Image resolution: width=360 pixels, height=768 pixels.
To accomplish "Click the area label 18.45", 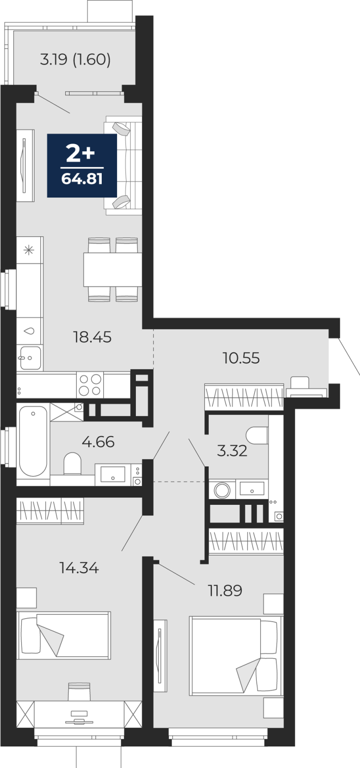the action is click(x=92, y=337).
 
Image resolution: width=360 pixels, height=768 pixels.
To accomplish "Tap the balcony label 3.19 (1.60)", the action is click(x=75, y=60).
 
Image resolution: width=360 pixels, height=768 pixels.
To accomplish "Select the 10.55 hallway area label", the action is click(x=241, y=358).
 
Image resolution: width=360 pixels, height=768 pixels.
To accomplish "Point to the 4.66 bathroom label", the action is click(x=98, y=442).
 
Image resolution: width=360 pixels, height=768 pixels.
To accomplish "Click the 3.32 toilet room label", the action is click(x=232, y=451).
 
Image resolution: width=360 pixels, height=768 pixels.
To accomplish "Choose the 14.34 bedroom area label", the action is click(x=79, y=568).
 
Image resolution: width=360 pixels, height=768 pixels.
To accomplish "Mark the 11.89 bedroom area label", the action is click(x=225, y=590).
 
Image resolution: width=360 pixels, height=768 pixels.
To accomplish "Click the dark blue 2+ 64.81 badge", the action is click(x=82, y=166).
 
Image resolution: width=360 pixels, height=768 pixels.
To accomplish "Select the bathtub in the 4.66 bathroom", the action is click(x=33, y=441).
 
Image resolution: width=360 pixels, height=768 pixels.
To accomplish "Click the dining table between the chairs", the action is click(x=113, y=269).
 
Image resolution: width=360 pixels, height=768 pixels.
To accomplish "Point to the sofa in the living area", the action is click(x=123, y=165).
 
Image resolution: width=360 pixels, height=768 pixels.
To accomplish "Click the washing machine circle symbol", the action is click(x=222, y=490).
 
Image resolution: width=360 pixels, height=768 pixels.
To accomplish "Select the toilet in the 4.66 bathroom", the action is click(x=72, y=464).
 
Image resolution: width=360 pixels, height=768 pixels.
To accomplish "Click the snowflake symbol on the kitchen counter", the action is click(x=29, y=250).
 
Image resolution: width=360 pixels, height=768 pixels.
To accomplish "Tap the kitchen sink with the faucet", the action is click(x=30, y=358).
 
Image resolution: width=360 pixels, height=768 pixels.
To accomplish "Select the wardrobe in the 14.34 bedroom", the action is click(x=50, y=511).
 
